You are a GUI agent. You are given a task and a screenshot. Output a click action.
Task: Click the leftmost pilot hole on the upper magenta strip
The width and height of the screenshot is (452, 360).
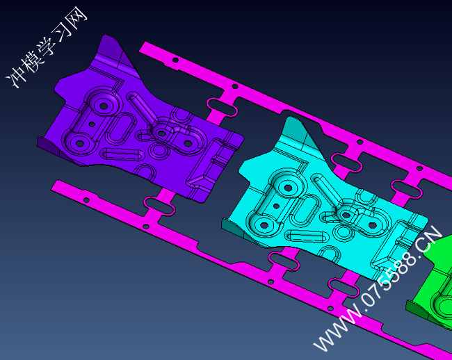pos(175,60)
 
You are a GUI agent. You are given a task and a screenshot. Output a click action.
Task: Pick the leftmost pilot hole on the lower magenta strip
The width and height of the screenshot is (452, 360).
pos(86,199)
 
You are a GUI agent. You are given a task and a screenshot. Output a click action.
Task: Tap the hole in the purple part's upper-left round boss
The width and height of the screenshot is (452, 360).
pos(104,106)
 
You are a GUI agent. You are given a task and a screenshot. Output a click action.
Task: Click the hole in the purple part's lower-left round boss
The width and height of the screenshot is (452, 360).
pos(79,143)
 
